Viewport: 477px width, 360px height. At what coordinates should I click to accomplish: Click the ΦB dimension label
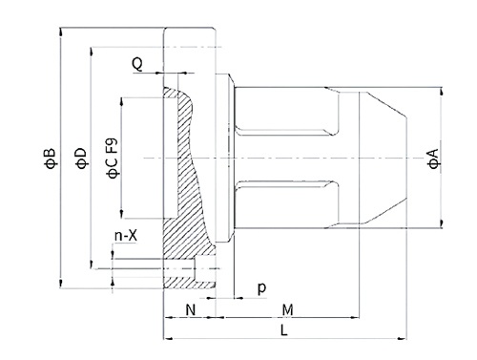click(x=51, y=159)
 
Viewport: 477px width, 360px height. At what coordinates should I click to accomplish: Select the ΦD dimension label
click(x=81, y=159)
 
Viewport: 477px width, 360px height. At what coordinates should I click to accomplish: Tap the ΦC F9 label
click(x=113, y=159)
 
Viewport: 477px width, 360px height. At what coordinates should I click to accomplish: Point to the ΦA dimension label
click(x=433, y=159)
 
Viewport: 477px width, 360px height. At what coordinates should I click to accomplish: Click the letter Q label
click(x=137, y=65)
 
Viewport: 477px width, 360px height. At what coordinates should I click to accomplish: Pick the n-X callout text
click(x=126, y=236)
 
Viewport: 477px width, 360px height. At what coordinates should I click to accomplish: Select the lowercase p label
click(x=261, y=288)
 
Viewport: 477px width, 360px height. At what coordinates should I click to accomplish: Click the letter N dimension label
click(x=191, y=309)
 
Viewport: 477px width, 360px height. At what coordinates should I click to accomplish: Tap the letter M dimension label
click(x=287, y=309)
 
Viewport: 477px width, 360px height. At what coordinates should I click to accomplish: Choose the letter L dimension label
click(x=283, y=330)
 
